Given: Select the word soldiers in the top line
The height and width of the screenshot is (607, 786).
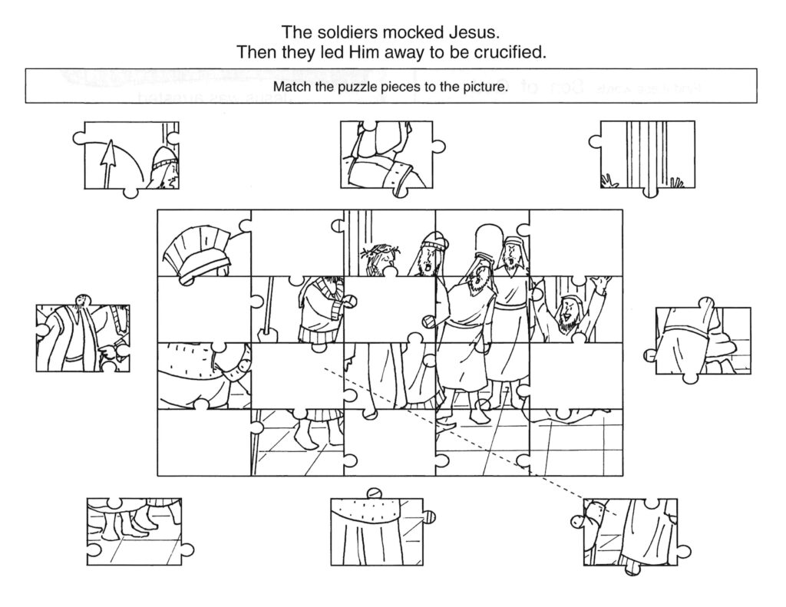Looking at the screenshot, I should click(352, 32).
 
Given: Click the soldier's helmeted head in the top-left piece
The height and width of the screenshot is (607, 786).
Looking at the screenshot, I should click(163, 167).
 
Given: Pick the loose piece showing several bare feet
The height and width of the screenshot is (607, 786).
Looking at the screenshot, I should click(135, 529).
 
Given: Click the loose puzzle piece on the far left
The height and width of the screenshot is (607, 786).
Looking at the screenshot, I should click(81, 338).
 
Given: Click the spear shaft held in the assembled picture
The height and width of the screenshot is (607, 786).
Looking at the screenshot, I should click(269, 307).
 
